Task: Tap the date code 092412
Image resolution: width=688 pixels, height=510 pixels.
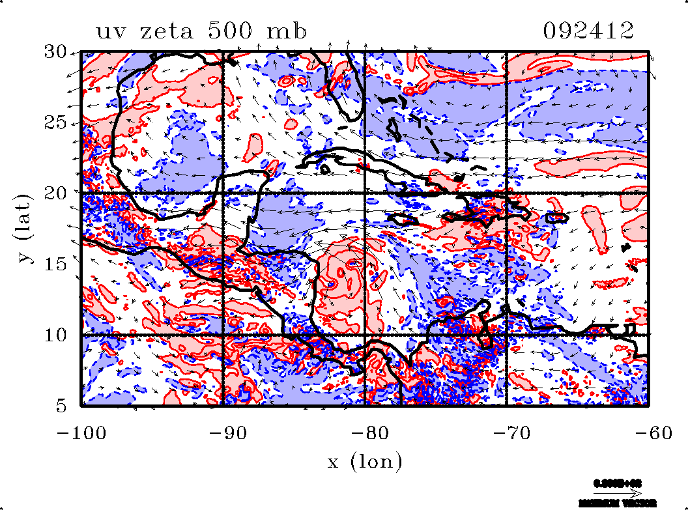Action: coord(588,31)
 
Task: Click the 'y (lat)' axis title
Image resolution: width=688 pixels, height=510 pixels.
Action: coord(26,227)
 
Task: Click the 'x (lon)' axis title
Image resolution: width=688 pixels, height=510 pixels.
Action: coord(364,462)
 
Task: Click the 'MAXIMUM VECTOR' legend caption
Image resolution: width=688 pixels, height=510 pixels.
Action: coord(618,503)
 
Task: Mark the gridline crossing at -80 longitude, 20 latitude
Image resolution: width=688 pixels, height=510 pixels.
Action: coord(365,193)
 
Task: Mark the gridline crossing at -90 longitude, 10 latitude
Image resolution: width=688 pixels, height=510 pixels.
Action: coord(223,335)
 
